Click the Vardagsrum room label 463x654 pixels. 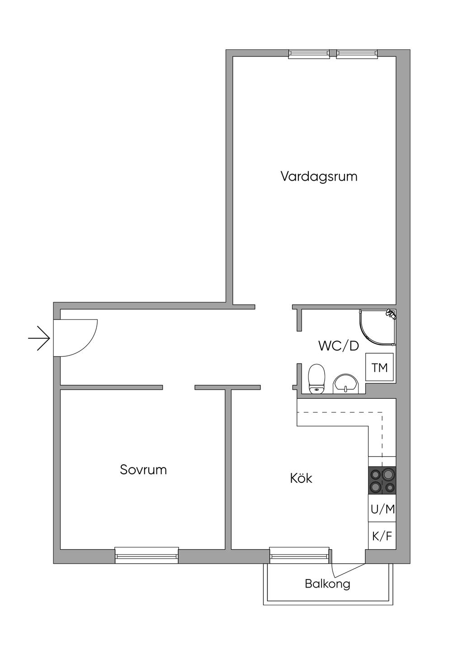point(319,177)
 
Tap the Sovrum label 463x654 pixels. point(143,470)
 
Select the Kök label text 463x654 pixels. point(301,478)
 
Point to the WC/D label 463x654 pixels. point(339,346)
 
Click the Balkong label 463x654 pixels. point(327,584)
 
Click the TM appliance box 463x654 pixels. point(379,367)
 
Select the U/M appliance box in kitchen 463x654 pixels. point(383,509)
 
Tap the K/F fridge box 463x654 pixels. point(382,536)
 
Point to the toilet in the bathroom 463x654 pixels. point(317,378)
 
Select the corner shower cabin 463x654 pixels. point(378,327)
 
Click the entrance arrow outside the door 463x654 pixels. point(39,338)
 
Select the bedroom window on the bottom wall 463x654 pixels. point(146,556)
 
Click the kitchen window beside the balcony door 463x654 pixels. point(299,556)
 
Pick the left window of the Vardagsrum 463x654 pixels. point(309,54)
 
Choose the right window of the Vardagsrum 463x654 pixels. point(357,54)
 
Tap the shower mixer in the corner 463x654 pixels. point(391,313)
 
